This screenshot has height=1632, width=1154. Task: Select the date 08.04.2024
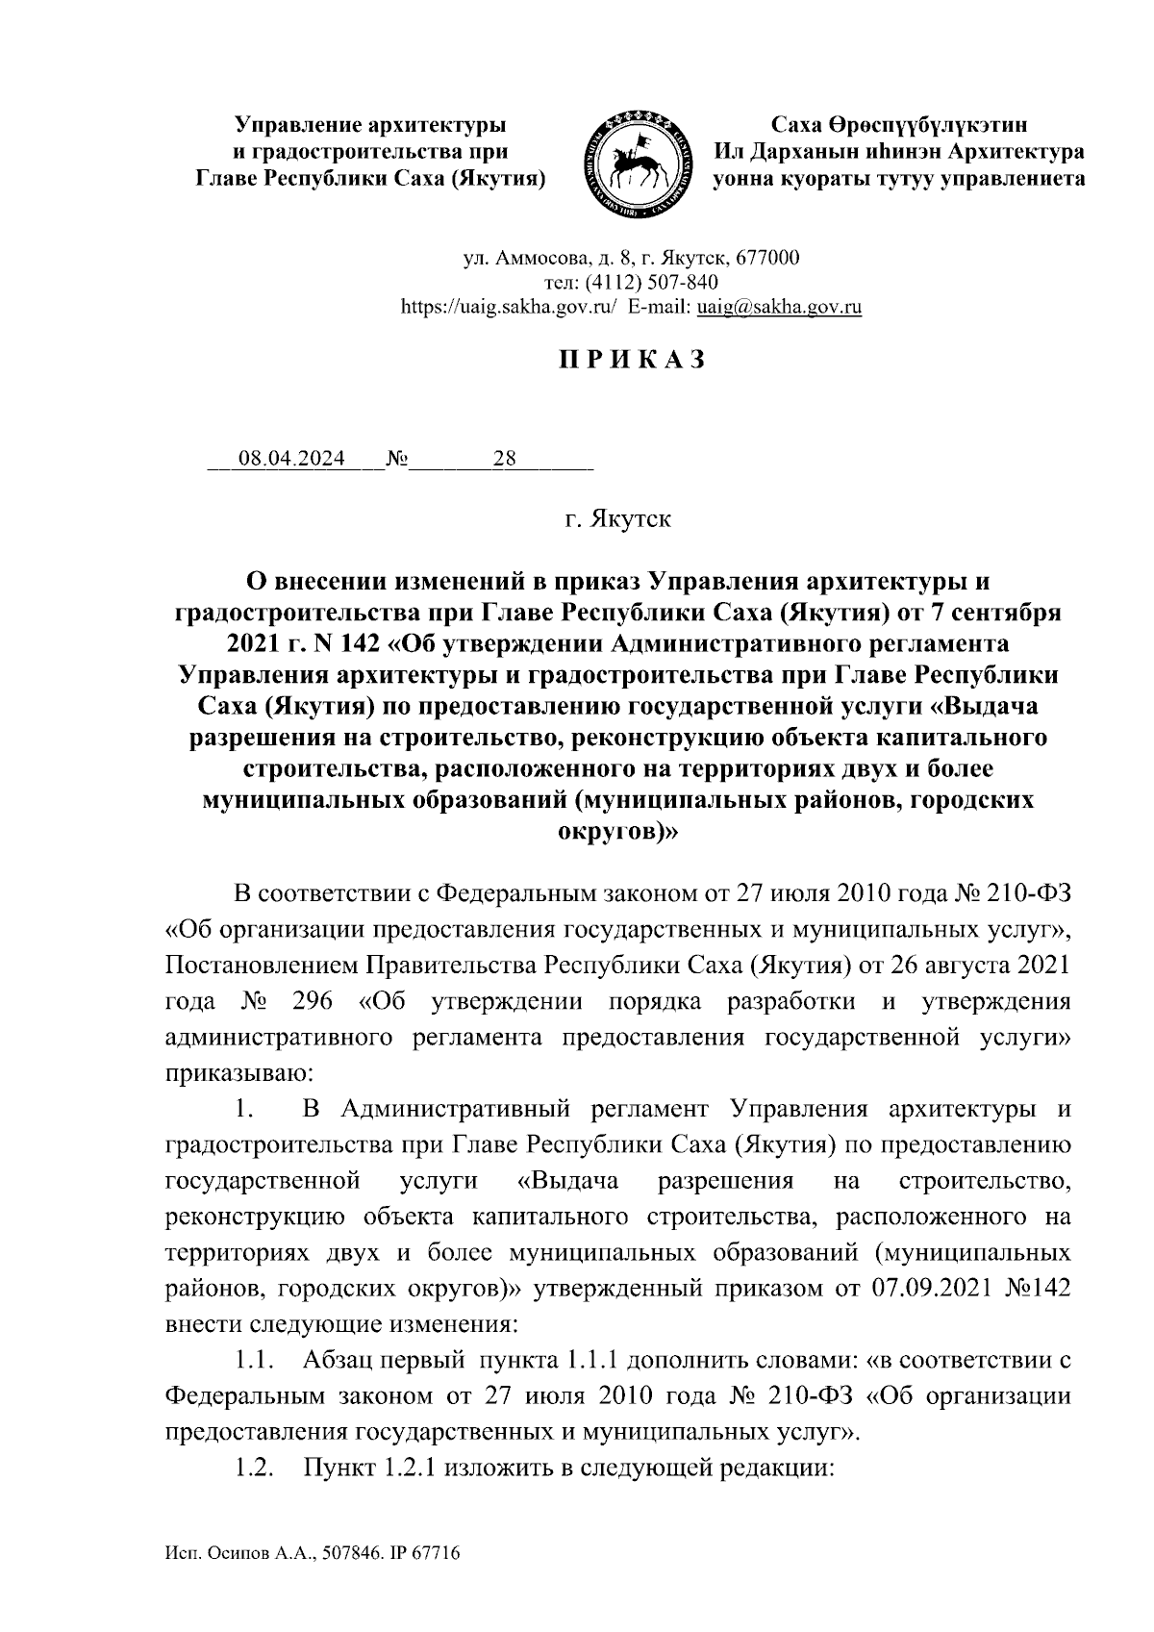coord(291,460)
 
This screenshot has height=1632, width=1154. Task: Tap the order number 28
coord(505,460)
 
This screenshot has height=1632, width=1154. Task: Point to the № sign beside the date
coord(396,460)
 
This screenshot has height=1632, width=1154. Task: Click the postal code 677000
coord(766,259)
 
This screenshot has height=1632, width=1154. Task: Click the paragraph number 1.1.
coord(252,1362)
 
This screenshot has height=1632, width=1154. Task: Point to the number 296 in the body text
coord(310,1001)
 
